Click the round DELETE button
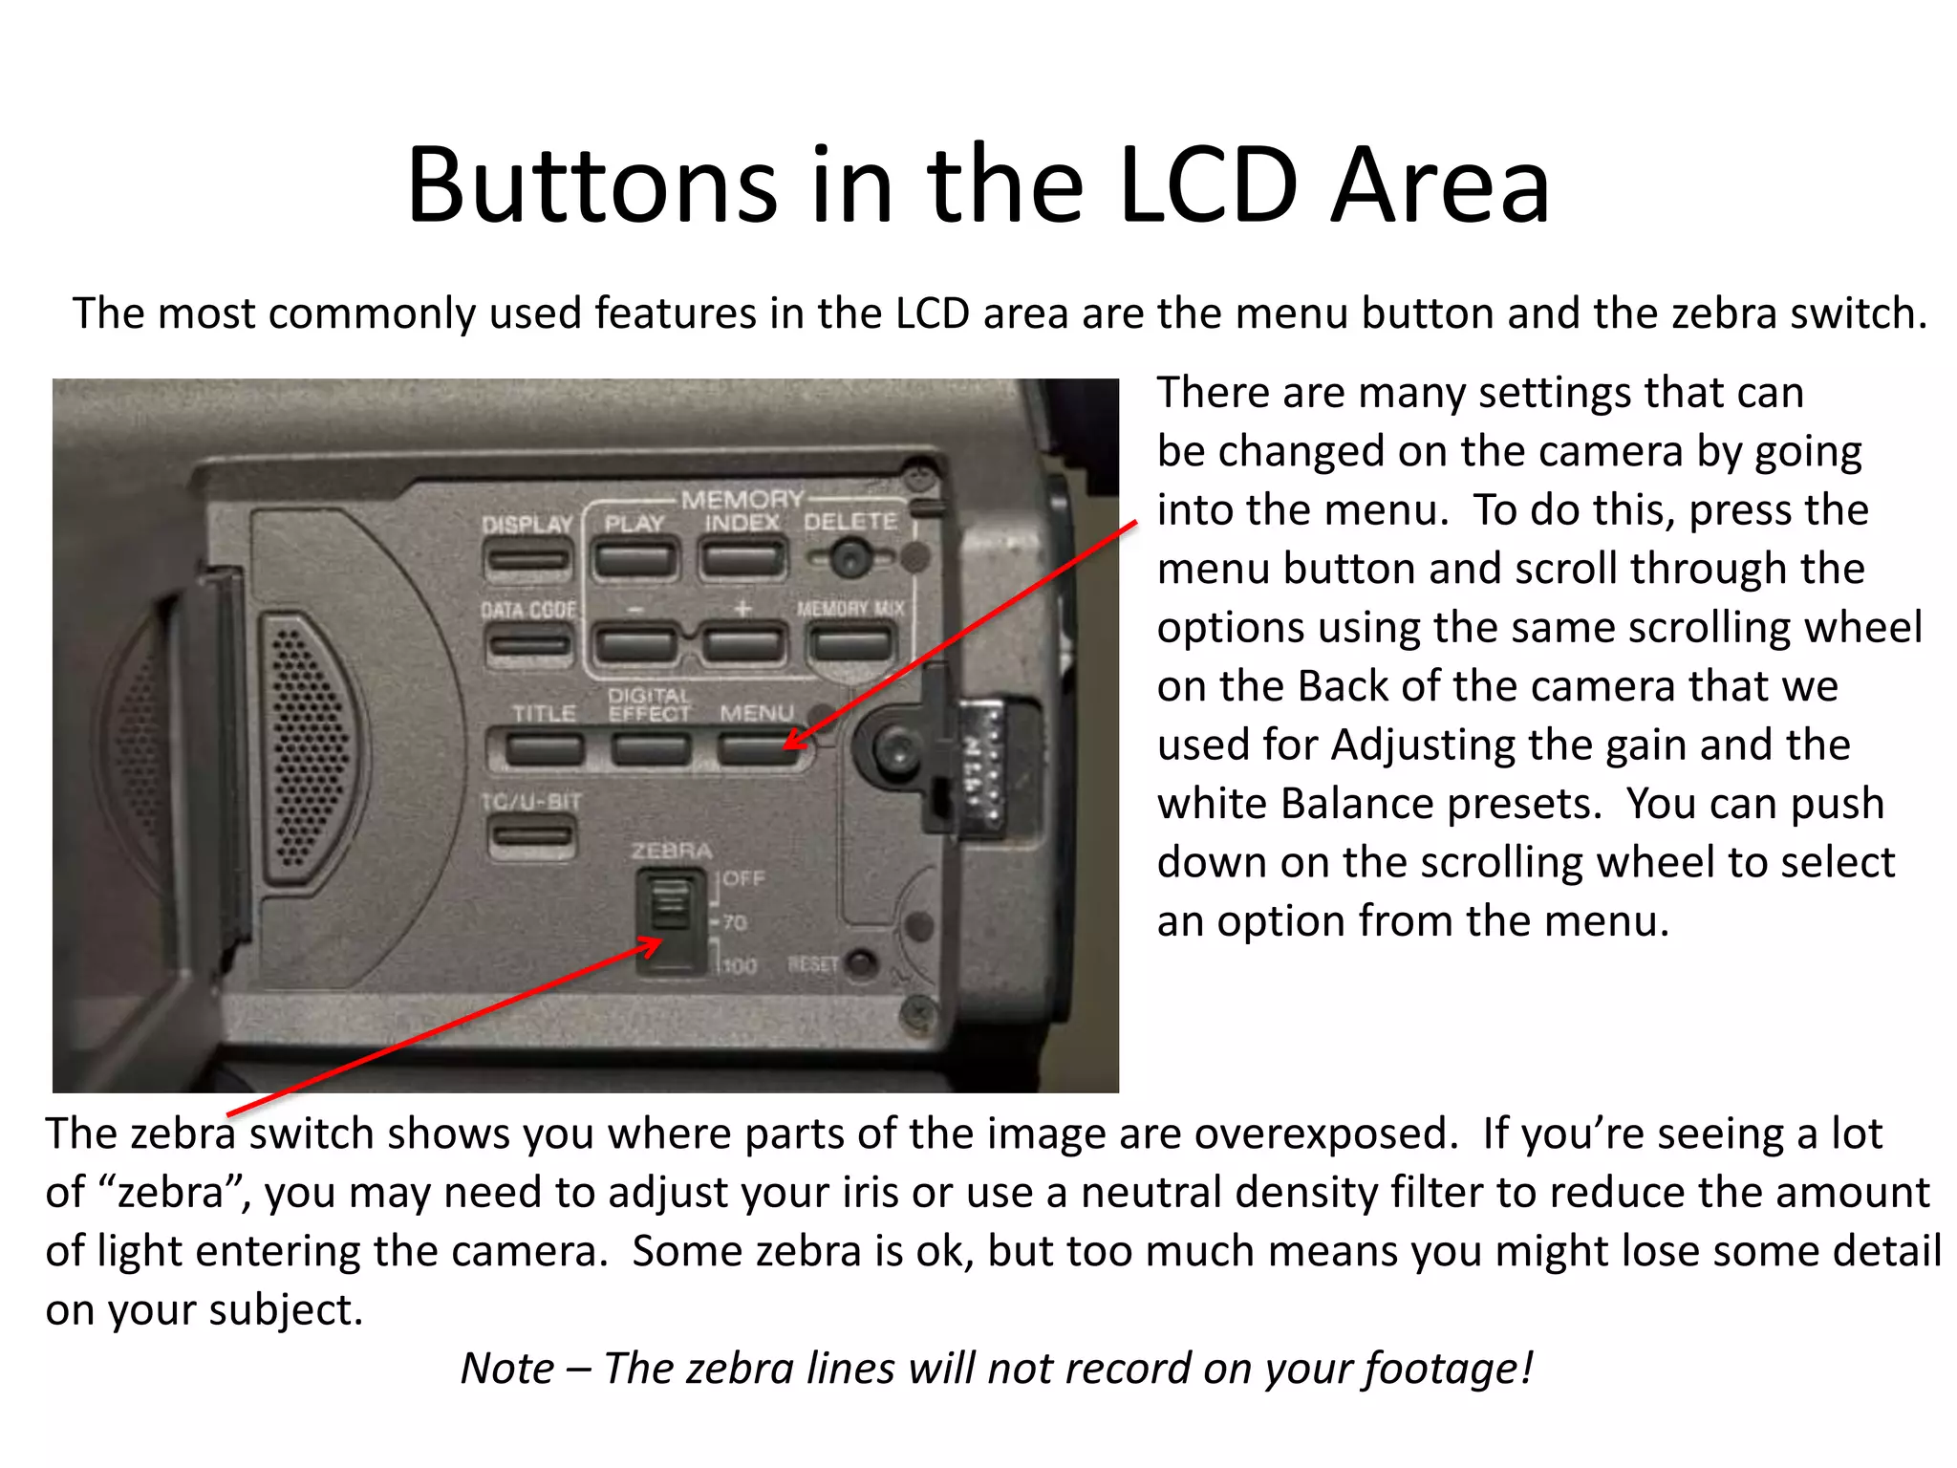pos(849,557)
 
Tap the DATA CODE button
pos(528,644)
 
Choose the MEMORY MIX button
pos(850,643)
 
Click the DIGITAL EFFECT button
pos(651,748)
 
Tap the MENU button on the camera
pos(756,748)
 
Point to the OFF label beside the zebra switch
pos(743,878)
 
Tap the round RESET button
pos(862,963)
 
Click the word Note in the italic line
pos(506,1368)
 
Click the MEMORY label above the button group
pos(742,499)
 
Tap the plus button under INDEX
pos(742,643)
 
